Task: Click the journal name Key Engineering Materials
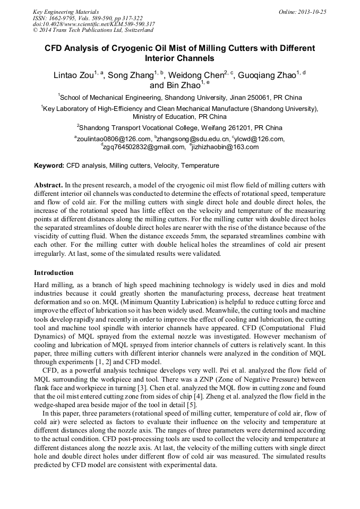point(66,12)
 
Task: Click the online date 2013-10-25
point(311,12)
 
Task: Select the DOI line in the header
point(93,24)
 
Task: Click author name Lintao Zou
point(74,75)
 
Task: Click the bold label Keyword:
point(49,166)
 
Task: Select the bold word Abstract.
point(48,185)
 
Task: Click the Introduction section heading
point(54,273)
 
